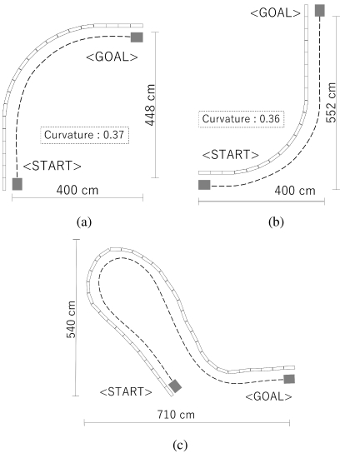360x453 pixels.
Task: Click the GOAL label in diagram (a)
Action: tap(112, 57)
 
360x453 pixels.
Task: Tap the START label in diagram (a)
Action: tap(52, 166)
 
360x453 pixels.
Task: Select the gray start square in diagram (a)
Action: tap(17, 184)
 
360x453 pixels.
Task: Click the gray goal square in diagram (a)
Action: tap(137, 37)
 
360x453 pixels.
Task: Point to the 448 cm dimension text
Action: tap(150, 105)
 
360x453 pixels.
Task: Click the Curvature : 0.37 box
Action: tap(84, 135)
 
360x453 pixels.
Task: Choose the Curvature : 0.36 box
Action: tap(242, 119)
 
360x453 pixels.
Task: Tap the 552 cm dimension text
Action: tap(331, 102)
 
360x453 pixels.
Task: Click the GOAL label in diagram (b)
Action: tap(276, 13)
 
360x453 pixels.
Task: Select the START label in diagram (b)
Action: tap(231, 155)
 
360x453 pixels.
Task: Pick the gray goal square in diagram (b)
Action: tap(320, 11)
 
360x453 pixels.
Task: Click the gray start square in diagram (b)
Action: tap(204, 185)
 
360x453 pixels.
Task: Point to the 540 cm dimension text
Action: tap(71, 319)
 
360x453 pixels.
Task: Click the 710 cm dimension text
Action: tap(176, 415)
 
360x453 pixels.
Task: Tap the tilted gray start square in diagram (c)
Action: tap(175, 386)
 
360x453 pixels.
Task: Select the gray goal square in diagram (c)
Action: tap(289, 379)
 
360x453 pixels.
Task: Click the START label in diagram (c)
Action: tap(126, 391)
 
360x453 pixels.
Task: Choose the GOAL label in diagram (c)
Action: tap(269, 396)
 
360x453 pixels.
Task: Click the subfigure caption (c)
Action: tap(180, 445)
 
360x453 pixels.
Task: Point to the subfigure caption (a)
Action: tap(84, 222)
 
